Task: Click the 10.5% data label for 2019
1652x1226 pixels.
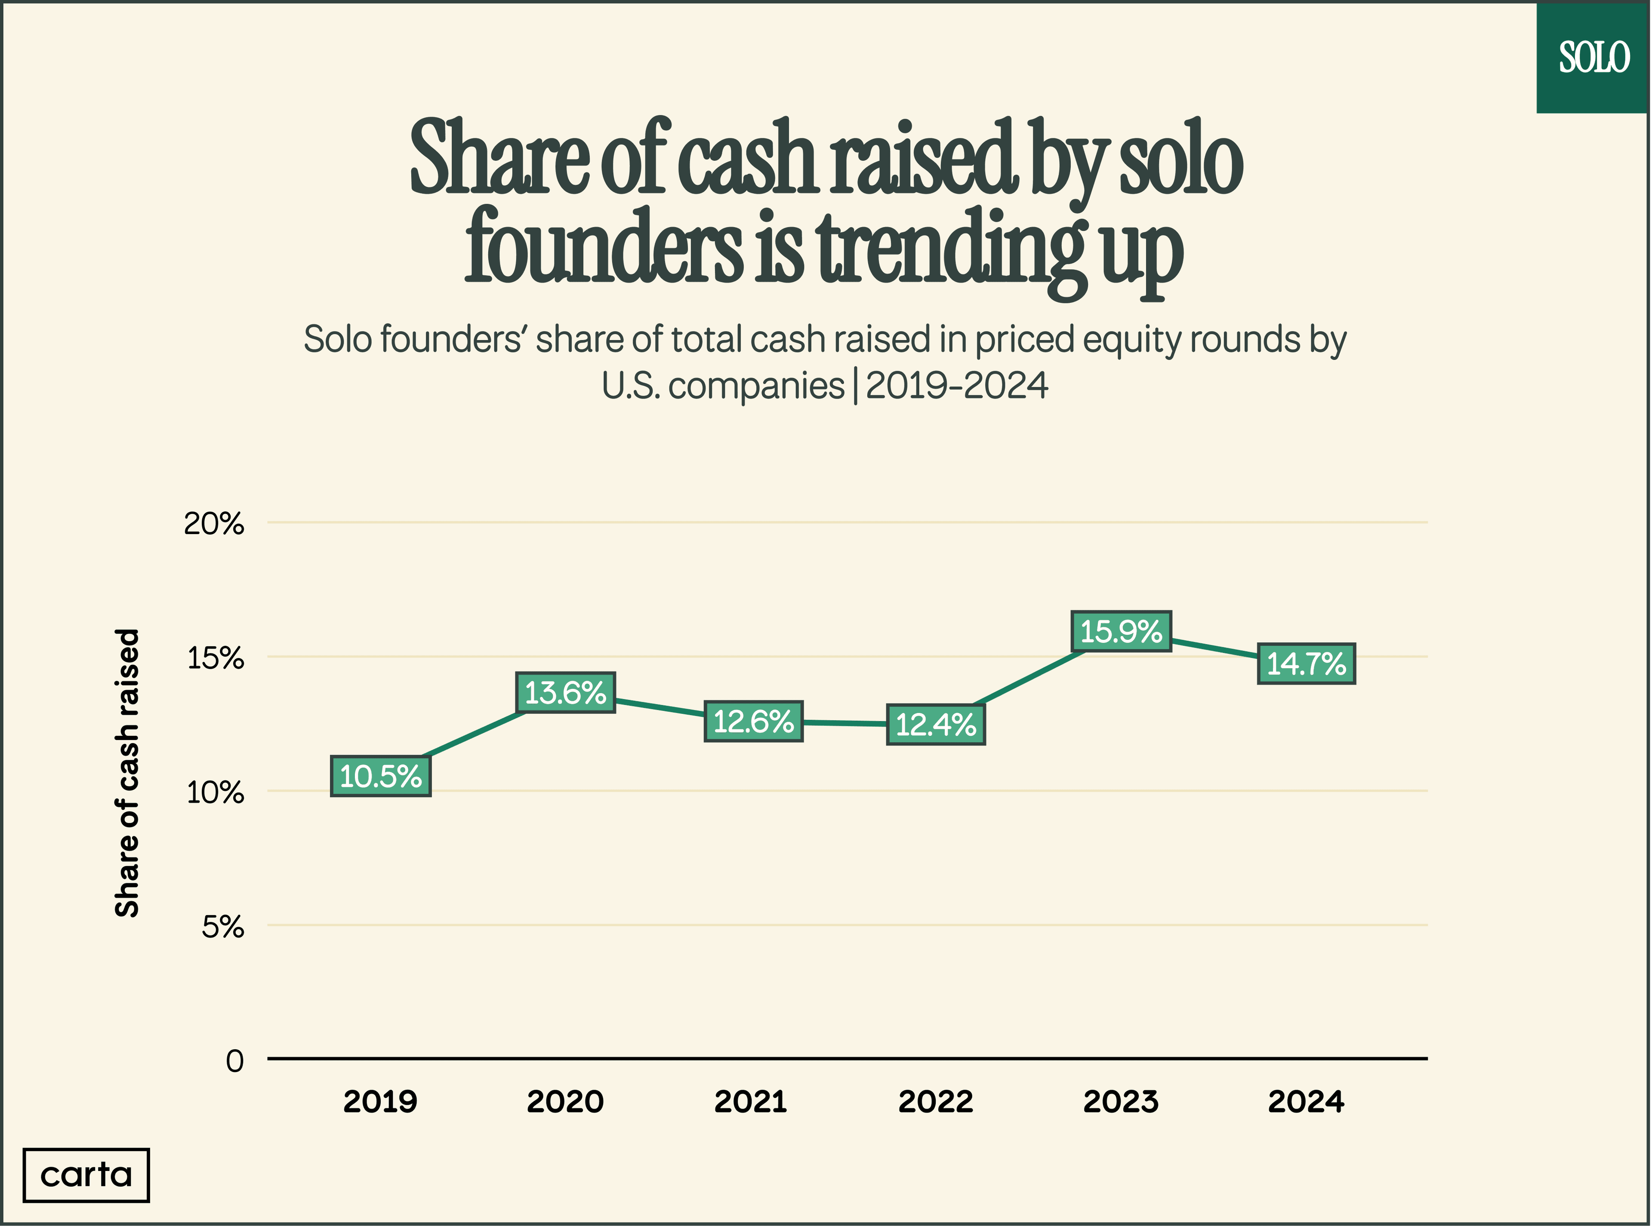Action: click(380, 776)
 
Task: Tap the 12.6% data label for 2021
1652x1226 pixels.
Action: click(753, 721)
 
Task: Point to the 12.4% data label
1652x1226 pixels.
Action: click(936, 724)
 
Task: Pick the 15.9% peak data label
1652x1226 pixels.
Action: click(1120, 632)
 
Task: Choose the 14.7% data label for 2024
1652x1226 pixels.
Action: click(1306, 664)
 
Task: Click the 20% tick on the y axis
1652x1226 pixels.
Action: click(214, 524)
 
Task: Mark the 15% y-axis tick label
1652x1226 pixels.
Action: click(215, 658)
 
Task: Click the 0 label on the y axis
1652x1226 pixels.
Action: click(234, 1061)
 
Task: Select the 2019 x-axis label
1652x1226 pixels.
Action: click(380, 1101)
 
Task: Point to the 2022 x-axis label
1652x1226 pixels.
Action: click(936, 1101)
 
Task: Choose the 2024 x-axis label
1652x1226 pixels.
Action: click(1306, 1101)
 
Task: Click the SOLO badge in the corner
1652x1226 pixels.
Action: click(1593, 58)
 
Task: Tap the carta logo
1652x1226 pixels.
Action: click(86, 1175)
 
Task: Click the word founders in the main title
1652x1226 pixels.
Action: click(603, 247)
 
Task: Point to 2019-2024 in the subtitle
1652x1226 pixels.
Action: click(956, 386)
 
